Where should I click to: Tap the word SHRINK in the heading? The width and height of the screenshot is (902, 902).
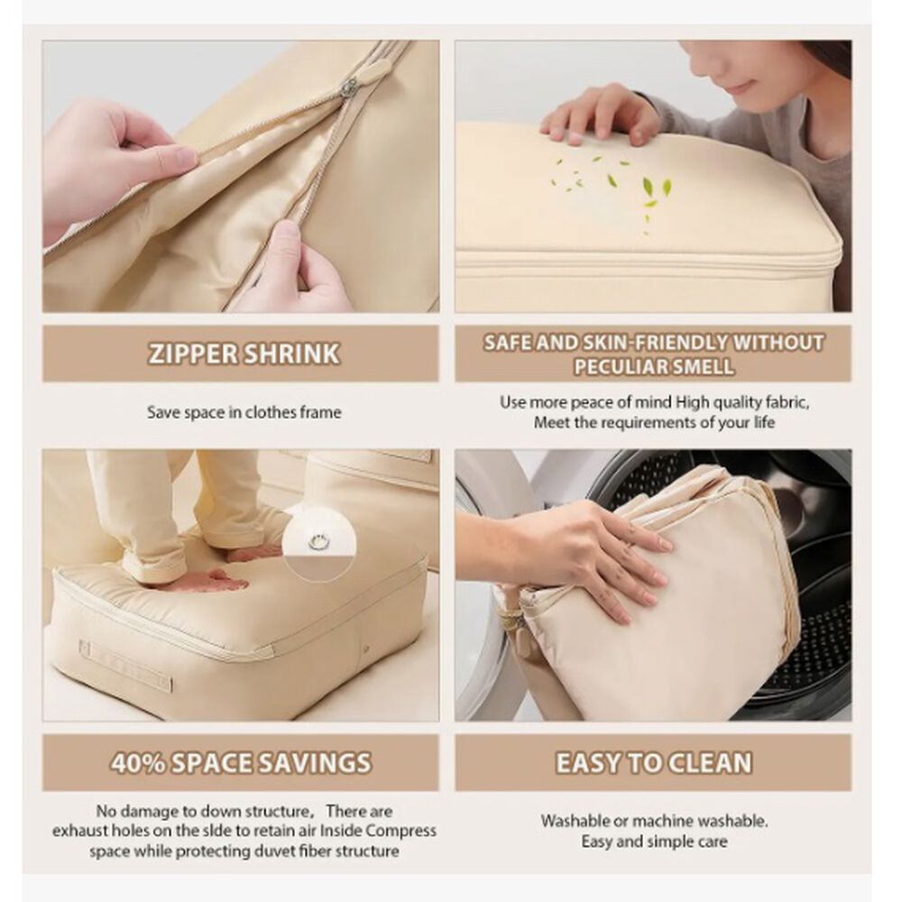pos(291,354)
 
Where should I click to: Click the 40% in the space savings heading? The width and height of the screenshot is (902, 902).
pos(138,763)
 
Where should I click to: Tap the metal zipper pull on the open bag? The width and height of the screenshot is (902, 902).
pos(347,87)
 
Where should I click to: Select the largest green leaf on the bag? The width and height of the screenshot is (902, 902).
pos(649,186)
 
